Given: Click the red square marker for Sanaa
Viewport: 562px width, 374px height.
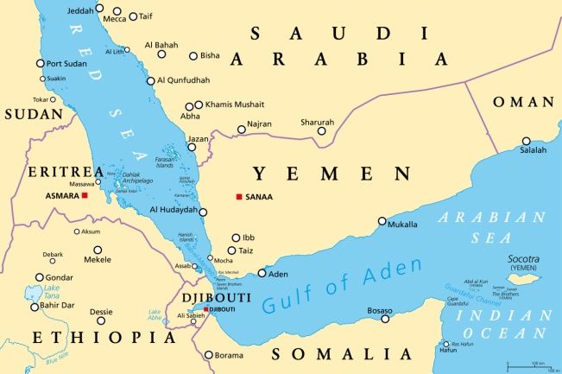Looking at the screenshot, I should click(x=238, y=197).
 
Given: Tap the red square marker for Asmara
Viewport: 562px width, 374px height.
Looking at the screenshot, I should click(x=85, y=196).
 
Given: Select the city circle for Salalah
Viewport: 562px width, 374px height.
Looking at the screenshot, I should click(x=527, y=141).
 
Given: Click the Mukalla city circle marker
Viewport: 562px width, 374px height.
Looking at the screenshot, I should click(x=382, y=222).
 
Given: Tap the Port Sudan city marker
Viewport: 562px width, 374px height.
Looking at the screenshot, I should click(x=40, y=63).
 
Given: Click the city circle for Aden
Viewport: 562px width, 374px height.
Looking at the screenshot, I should click(x=262, y=274).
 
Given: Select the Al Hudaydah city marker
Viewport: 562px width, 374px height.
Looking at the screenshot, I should click(x=203, y=211).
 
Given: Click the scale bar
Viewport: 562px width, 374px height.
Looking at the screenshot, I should click(x=532, y=364).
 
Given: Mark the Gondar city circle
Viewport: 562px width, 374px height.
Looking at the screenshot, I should click(x=39, y=277).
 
